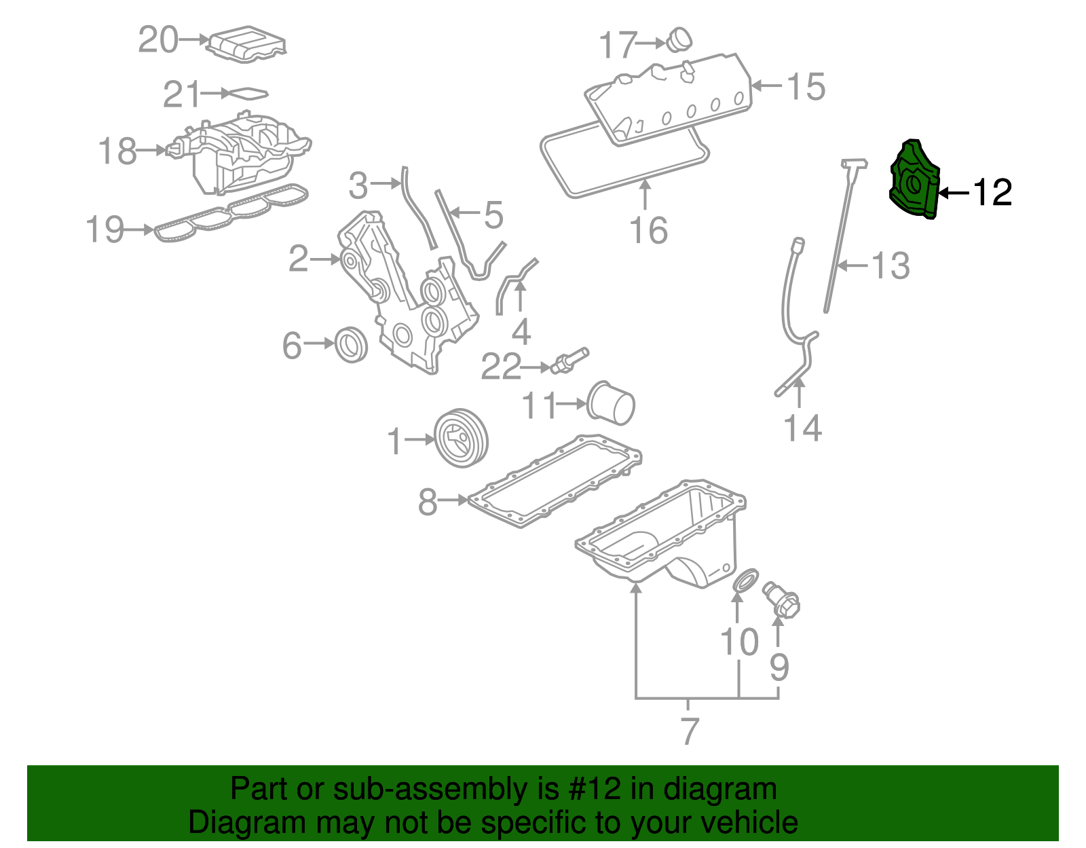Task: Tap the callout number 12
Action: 993,193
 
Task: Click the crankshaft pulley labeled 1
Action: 461,438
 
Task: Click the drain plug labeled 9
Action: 782,600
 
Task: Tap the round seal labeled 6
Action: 352,344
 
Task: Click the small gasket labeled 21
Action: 245,94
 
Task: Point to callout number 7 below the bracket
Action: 690,731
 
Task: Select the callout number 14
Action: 802,428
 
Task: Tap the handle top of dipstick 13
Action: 855,164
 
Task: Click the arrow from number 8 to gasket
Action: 453,500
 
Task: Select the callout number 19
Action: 105,229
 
